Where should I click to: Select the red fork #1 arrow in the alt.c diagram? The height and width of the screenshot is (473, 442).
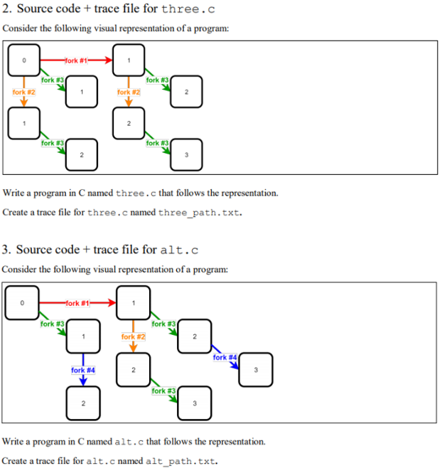click(77, 303)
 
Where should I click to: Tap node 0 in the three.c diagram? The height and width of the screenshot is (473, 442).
click(24, 60)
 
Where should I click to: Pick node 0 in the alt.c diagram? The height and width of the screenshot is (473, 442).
click(22, 303)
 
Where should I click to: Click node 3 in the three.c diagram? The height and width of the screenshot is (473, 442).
click(186, 155)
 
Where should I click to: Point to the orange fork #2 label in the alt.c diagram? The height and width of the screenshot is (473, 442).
click(133, 336)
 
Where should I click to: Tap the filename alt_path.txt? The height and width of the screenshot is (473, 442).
click(181, 461)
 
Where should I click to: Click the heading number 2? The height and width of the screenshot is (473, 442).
click(6, 9)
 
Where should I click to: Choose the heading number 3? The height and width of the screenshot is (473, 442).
click(6, 250)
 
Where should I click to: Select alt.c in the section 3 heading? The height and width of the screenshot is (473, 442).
click(179, 250)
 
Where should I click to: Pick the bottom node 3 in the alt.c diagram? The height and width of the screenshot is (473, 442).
click(195, 403)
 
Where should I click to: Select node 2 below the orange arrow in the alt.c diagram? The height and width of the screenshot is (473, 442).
click(133, 370)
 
